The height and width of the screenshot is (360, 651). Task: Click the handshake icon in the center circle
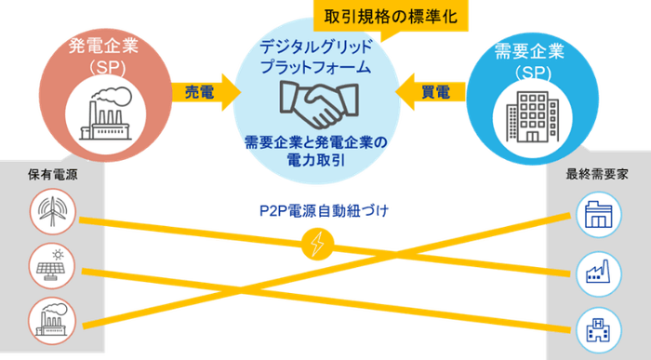(x=315, y=106)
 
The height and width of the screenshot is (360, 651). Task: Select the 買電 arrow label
(x=435, y=92)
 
